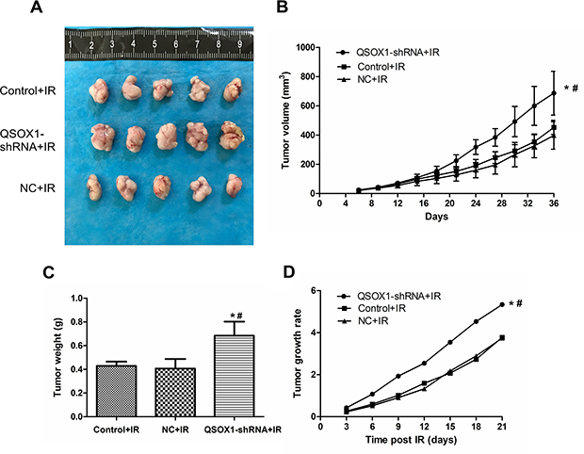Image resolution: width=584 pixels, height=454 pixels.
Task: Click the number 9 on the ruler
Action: tap(239, 44)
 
